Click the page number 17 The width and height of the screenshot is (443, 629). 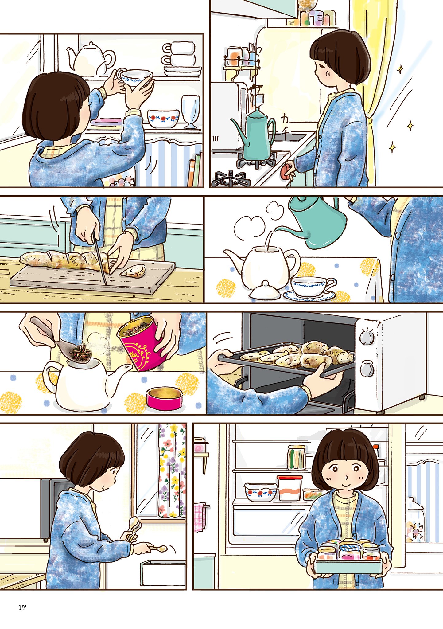click(22, 608)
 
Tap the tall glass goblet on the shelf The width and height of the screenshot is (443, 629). click(190, 111)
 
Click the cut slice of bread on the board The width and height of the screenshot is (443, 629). click(133, 271)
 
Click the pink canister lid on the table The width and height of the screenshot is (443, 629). click(164, 398)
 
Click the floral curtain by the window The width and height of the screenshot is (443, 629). click(172, 470)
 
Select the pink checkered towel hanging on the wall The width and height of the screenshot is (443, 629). click(200, 518)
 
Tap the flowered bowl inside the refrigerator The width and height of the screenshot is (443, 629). click(260, 491)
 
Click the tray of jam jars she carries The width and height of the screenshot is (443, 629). click(348, 557)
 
